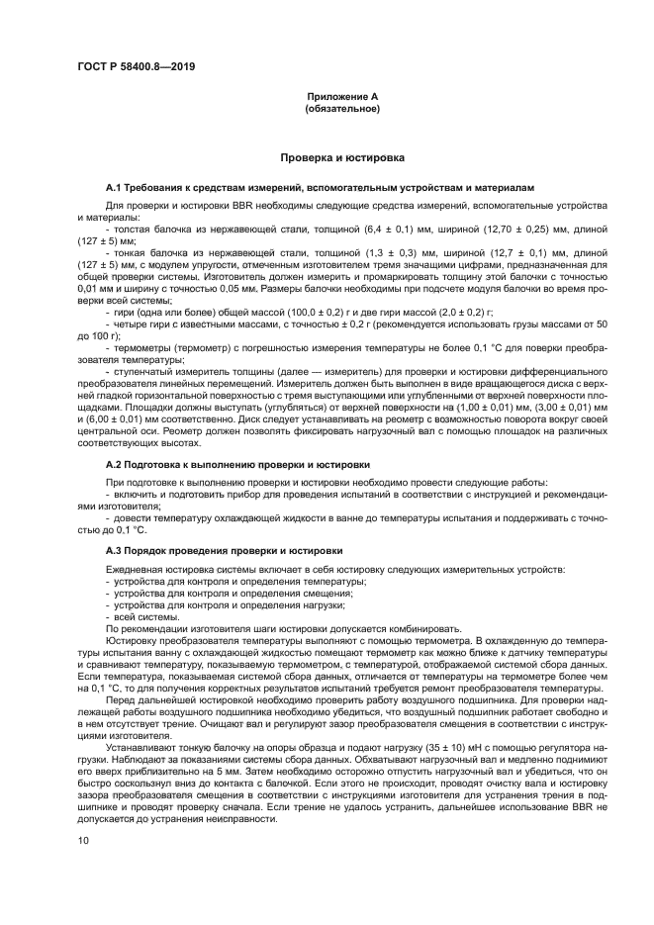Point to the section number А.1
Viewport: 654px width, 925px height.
[113, 186]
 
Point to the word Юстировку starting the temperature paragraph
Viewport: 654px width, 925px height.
[130, 641]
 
